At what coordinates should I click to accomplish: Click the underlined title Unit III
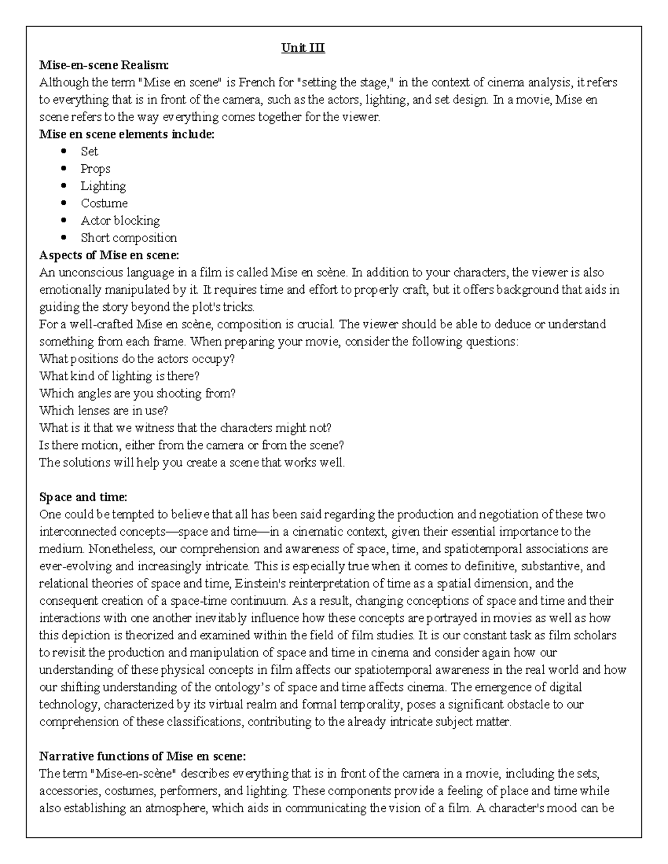coord(303,48)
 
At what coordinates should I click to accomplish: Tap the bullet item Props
coord(95,169)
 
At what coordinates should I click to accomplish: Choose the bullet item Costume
coord(104,203)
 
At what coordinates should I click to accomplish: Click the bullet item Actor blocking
coord(120,220)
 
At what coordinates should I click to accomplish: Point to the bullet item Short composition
coord(129,238)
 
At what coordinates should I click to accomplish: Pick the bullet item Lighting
coord(103,186)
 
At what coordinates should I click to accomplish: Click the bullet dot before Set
coord(65,151)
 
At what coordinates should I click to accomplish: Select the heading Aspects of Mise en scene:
coord(109,255)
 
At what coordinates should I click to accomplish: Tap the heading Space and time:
coord(83,497)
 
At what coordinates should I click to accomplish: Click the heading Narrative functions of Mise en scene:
coord(142,756)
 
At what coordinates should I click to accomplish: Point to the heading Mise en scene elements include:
coord(126,134)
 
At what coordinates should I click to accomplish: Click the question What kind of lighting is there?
coord(119,376)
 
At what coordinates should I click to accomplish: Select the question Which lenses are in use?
coord(104,411)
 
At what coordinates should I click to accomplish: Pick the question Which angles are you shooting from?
coord(137,393)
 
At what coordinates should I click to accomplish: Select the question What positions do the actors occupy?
coord(137,359)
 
